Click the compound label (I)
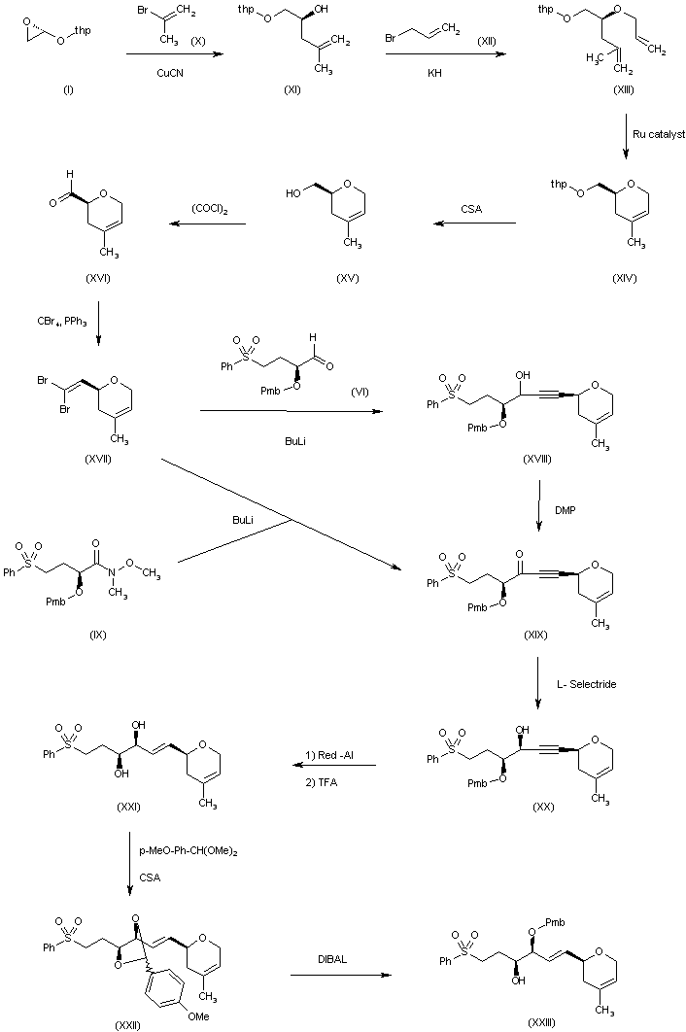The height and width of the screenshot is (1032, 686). [x=67, y=90]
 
